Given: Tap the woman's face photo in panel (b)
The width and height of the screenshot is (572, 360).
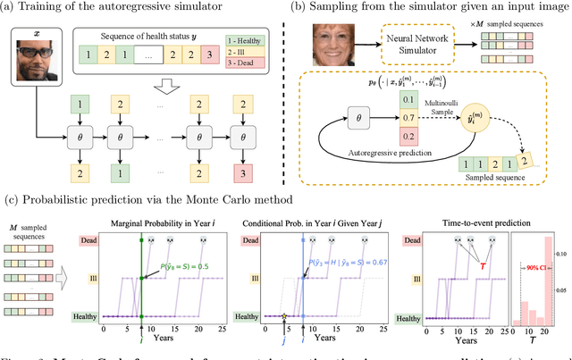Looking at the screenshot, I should click(332, 45).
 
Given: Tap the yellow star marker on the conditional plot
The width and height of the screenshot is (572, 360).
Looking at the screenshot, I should click(284, 316).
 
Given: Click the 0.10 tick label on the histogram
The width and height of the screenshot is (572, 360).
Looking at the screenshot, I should click(563, 255).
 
